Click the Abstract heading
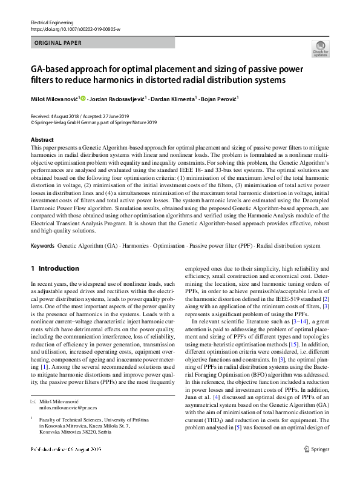(42, 140)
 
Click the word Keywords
(42, 246)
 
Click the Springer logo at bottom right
(316, 465)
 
